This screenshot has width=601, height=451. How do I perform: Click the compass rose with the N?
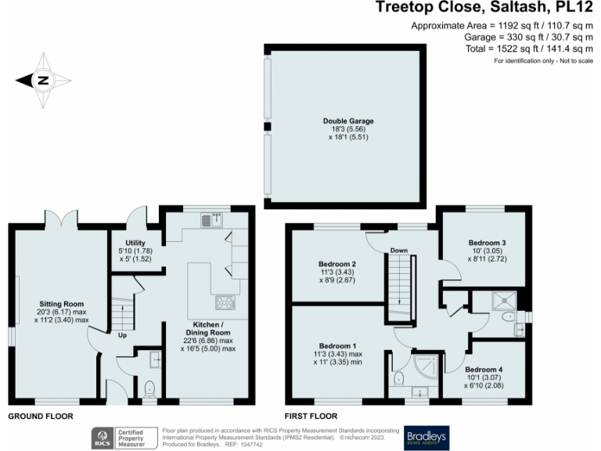pos(44,80)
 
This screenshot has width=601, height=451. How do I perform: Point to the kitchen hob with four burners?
pos(225,301)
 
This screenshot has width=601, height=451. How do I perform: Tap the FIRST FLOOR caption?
pos(311,416)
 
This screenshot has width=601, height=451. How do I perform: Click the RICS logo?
pos(102,437)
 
